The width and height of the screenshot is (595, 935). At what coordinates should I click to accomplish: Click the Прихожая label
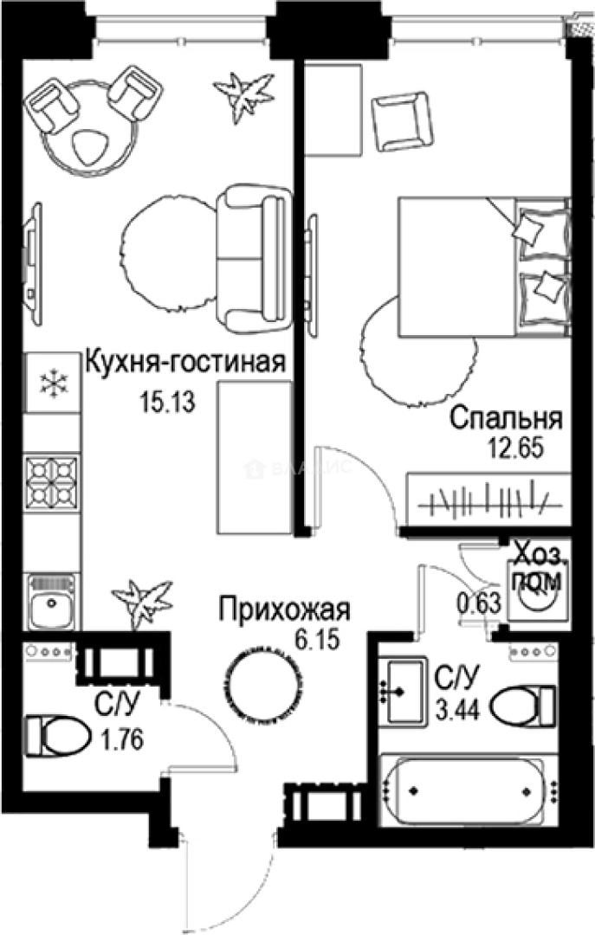(284, 609)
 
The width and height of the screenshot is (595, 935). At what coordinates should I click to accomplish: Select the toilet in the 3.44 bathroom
(522, 706)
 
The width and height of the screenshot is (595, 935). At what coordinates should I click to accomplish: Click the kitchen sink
(53, 602)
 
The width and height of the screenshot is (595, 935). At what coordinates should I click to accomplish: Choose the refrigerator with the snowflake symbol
(52, 382)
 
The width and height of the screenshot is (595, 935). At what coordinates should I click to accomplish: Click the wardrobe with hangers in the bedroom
(488, 500)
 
